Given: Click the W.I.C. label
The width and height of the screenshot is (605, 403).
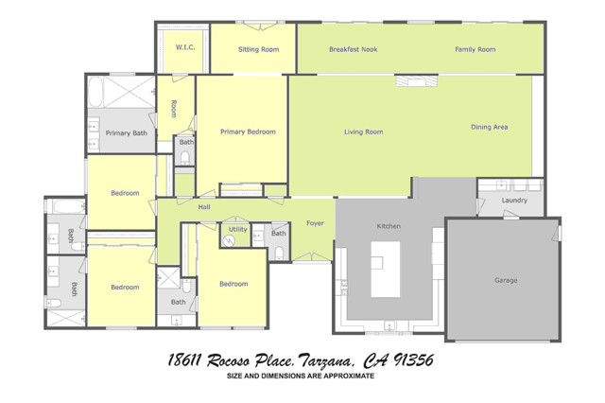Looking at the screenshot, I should coord(183,46).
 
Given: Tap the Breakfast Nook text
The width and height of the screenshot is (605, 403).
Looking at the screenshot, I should coord(353,49).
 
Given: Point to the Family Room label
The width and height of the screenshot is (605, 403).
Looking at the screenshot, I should coord(475,49).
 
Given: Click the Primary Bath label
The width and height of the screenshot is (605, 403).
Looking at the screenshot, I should coord(125,133).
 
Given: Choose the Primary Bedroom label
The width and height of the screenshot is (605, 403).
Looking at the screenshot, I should coord(248,132).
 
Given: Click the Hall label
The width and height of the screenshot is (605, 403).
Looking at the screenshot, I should coord(204,206).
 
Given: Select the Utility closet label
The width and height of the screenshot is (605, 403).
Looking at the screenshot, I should coord(237,229).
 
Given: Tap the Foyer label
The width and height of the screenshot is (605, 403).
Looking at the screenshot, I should coord(315,224).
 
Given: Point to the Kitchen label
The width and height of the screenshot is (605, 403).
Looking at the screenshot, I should coord(390,227).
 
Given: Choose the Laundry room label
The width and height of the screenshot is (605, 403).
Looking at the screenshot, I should coord(514,201).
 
